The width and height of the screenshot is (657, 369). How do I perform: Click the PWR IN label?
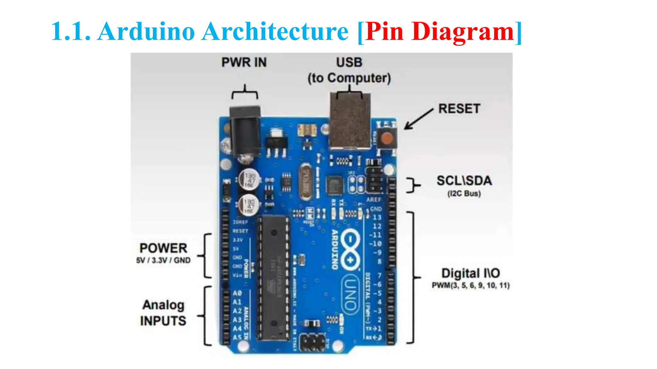click(x=244, y=62)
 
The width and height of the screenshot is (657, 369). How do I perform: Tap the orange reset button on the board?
click(x=387, y=139)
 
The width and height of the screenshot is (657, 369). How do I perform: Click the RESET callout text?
click(x=459, y=109)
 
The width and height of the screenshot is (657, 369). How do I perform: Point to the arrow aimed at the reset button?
click(x=418, y=119)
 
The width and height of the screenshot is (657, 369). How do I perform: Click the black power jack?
click(x=245, y=131)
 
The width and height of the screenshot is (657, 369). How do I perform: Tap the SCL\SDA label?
click(x=464, y=181)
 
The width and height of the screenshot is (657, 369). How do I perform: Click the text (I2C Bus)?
click(x=464, y=193)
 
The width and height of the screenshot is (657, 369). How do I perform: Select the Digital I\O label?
click(x=470, y=273)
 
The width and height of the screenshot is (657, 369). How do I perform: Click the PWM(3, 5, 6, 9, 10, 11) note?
click(x=470, y=285)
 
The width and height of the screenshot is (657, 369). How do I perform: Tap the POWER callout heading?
click(x=163, y=248)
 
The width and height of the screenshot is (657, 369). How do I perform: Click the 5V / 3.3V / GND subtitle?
click(x=163, y=260)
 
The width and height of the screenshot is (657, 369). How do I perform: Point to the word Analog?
click(x=163, y=305)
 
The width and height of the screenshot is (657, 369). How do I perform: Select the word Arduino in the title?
click(x=146, y=31)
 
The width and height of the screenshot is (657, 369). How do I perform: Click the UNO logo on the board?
click(x=350, y=294)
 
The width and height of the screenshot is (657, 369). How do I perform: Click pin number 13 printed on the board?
click(x=377, y=217)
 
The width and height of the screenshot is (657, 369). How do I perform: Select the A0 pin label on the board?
click(x=237, y=293)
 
